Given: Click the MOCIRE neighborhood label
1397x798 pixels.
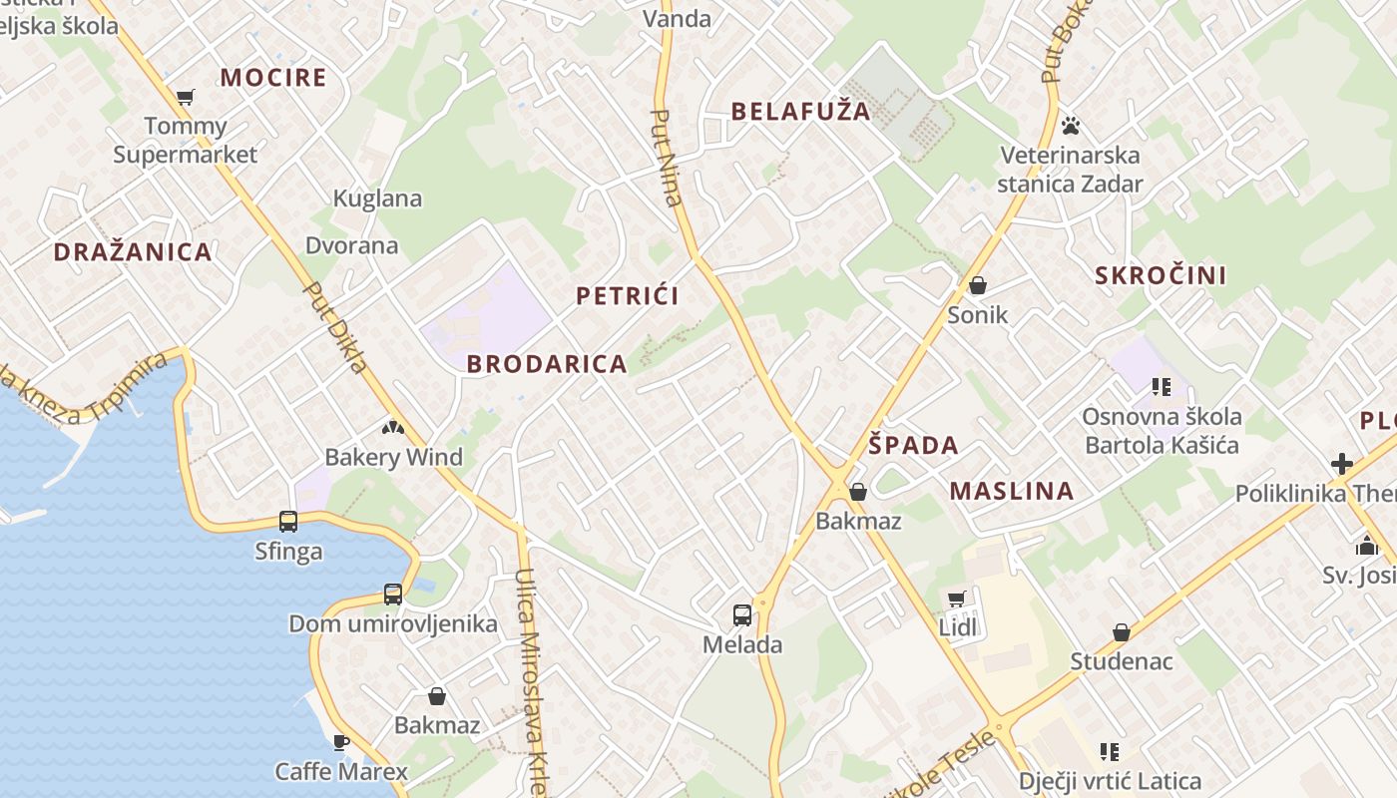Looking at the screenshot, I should pyautogui.click(x=273, y=78).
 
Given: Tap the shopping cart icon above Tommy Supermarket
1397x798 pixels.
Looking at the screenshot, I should pyautogui.click(x=186, y=97).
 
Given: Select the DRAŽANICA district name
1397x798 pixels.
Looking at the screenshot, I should pyautogui.click(x=133, y=252).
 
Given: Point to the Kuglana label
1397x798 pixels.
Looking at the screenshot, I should pyautogui.click(x=377, y=199).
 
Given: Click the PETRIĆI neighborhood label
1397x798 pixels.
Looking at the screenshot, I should pyautogui.click(x=628, y=296).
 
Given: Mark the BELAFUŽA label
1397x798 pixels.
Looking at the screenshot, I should pyautogui.click(x=801, y=112).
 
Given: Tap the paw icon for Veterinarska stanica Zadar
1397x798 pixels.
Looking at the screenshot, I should pyautogui.click(x=1071, y=126).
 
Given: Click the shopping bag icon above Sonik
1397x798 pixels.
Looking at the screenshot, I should pyautogui.click(x=978, y=286).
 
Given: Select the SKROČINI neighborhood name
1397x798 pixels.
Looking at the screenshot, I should pyautogui.click(x=1161, y=276).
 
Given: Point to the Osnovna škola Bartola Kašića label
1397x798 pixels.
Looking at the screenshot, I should pyautogui.click(x=1163, y=430).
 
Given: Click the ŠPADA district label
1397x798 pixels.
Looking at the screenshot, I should pyautogui.click(x=913, y=446).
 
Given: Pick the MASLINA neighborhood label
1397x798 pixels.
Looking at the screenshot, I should pyautogui.click(x=1012, y=491).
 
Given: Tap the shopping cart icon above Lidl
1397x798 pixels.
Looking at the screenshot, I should pyautogui.click(x=957, y=598).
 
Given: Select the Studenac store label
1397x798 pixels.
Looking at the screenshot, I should pyautogui.click(x=1122, y=661).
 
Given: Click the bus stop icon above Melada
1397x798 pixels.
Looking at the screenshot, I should pyautogui.click(x=742, y=614).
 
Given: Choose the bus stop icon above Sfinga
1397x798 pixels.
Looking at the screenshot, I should pyautogui.click(x=288, y=521).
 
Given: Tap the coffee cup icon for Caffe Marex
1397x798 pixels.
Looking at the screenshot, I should pyautogui.click(x=340, y=741).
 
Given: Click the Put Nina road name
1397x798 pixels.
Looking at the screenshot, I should pyautogui.click(x=666, y=157).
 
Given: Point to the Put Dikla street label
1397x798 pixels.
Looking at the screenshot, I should pyautogui.click(x=335, y=327).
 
